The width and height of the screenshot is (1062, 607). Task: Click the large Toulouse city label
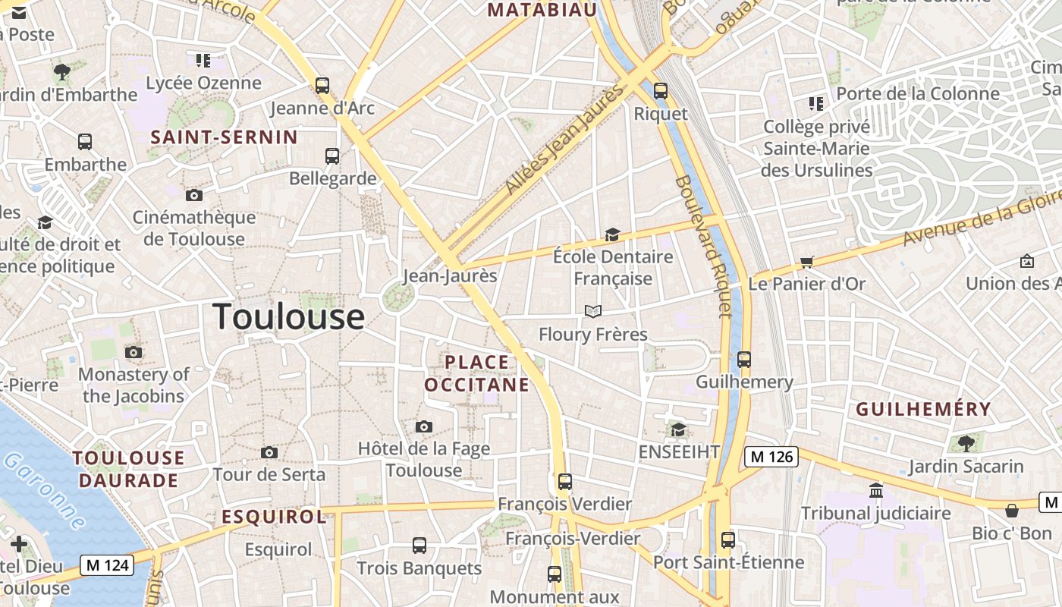pos(288,316)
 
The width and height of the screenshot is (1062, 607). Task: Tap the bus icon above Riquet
pos(660,91)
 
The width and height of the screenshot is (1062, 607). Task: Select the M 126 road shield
pos(771,457)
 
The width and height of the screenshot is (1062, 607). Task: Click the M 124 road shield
pos(107,565)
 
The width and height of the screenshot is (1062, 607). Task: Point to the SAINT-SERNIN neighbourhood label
pos(224,137)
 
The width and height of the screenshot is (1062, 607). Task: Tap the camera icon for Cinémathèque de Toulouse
pos(194,195)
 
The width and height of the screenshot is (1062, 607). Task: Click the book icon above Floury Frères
pos(593,311)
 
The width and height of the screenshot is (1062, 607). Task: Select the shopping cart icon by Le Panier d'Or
pos(806,262)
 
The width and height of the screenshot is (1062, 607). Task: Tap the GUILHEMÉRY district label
pos(923,410)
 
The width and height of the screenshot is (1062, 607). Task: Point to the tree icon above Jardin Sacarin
pos(966,443)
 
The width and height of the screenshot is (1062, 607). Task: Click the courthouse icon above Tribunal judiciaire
pos(876,490)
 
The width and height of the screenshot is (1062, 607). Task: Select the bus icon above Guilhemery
pos(744,359)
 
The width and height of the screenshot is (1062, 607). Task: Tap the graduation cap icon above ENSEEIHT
pos(678,429)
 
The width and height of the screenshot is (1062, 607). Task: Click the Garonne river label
pos(45,492)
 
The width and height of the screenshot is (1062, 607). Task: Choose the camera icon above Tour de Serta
pos(269,452)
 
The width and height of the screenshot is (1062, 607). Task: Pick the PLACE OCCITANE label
pos(476,373)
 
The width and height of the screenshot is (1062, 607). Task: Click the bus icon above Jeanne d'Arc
pos(322,85)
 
